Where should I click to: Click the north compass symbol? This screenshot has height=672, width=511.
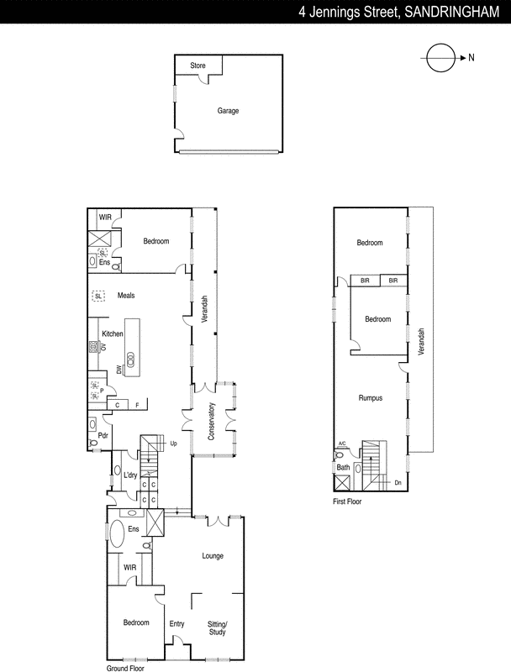(x=440, y=58)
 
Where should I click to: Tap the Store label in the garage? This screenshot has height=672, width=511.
(x=198, y=65)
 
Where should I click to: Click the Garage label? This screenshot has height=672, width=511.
(x=228, y=110)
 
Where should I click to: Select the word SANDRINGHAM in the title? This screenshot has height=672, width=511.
(x=451, y=13)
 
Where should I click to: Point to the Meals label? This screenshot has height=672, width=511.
(x=126, y=296)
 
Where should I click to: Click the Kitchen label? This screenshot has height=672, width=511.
(x=113, y=333)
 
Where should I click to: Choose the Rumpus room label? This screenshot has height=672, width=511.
(x=371, y=397)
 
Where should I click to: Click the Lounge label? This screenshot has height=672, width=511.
(x=213, y=555)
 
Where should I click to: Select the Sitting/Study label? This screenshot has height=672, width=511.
(x=218, y=627)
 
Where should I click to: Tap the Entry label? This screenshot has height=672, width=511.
(x=176, y=623)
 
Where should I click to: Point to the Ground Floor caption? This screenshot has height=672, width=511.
(x=127, y=669)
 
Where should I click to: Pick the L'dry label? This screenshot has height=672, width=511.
(x=130, y=476)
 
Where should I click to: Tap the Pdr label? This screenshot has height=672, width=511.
(x=103, y=435)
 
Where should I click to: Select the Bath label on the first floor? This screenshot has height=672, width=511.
(x=343, y=467)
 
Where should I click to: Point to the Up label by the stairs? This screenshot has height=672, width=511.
(x=174, y=443)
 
